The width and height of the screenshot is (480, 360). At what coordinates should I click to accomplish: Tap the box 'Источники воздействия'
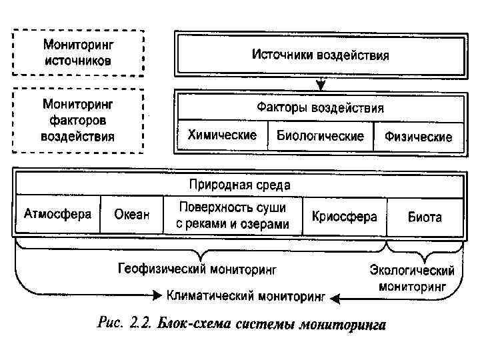tap(320, 54)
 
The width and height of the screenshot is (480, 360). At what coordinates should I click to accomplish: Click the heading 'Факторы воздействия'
tap(320, 107)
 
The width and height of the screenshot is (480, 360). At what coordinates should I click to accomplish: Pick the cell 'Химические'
tap(222, 135)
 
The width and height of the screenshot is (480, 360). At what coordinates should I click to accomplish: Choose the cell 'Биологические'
tap(320, 136)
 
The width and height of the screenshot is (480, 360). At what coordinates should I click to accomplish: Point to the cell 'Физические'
tap(418, 137)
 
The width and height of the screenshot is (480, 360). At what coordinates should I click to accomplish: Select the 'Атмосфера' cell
tap(57, 215)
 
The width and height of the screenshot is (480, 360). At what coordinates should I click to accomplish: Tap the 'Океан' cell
tap(131, 215)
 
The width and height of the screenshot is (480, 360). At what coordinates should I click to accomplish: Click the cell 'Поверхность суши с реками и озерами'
tap(233, 215)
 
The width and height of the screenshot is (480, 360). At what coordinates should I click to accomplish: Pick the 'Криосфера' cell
tap(344, 216)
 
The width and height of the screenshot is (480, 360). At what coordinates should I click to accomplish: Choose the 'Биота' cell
tap(425, 216)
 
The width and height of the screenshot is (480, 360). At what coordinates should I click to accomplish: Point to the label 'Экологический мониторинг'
tap(412, 278)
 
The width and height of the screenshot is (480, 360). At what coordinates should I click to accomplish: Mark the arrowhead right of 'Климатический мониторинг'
tap(335, 296)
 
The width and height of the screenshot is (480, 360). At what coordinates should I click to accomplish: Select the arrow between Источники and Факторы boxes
tap(321, 83)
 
